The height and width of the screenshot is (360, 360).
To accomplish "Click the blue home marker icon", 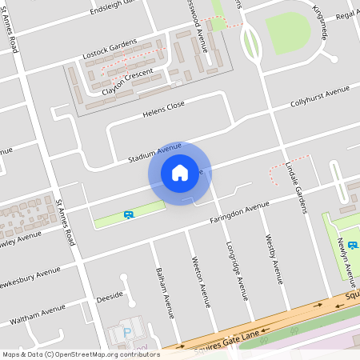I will (180, 173).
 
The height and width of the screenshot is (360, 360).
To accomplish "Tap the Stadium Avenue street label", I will (155, 153).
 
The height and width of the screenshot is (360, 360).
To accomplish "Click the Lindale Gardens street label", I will (297, 188).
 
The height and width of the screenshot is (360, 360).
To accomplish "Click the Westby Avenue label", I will (276, 260).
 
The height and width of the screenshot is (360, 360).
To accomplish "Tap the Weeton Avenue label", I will (201, 281).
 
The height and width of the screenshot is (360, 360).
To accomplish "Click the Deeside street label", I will (110, 295).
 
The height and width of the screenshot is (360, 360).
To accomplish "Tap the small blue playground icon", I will (128, 214).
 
